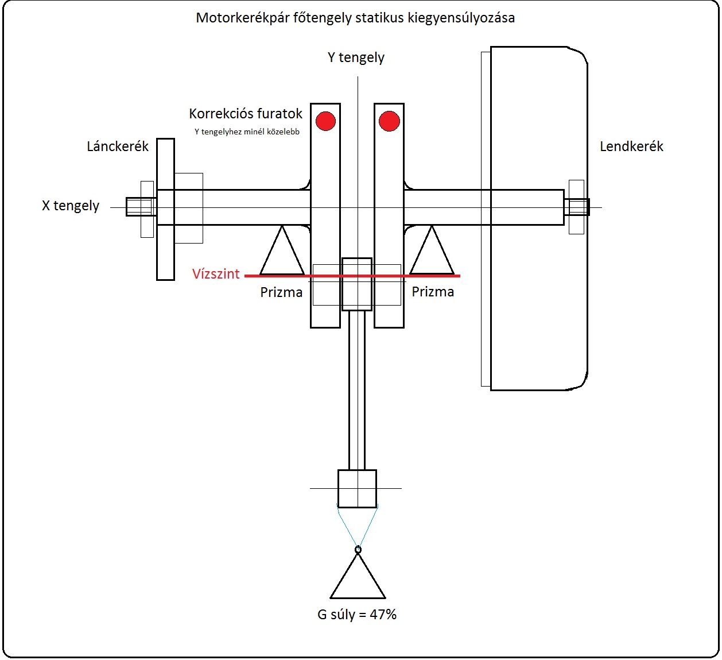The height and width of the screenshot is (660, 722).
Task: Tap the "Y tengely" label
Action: click(x=356, y=57)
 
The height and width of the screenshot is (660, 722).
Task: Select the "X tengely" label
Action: click(x=71, y=206)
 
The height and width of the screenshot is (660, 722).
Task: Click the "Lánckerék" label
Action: click(x=118, y=146)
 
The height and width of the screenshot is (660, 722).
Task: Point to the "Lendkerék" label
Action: click(x=631, y=146)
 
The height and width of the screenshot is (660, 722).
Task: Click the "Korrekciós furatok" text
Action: click(x=246, y=114)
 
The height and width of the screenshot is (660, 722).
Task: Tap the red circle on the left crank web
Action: click(x=325, y=121)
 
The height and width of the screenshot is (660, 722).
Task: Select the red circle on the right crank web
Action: click(x=389, y=121)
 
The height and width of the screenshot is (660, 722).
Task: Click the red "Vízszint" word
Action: click(x=216, y=274)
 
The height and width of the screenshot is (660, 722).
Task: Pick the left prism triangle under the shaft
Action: click(x=282, y=256)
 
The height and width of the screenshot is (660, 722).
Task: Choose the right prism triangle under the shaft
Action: click(x=432, y=256)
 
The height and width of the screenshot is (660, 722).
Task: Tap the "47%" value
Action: click(x=383, y=615)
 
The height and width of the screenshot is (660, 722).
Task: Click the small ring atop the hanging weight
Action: click(x=358, y=550)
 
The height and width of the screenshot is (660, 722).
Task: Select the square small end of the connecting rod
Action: click(x=357, y=488)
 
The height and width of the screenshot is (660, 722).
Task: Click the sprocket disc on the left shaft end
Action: click(x=165, y=253)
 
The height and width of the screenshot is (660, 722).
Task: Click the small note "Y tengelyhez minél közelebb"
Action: click(x=247, y=132)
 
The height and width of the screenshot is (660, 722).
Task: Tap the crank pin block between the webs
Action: click(x=357, y=284)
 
